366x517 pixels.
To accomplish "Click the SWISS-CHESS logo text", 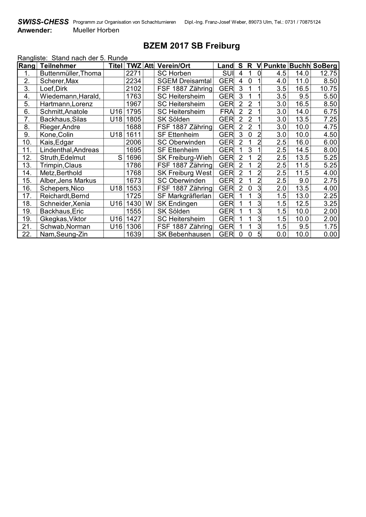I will click(x=43, y=22).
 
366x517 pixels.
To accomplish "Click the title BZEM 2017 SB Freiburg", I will click(x=191, y=46).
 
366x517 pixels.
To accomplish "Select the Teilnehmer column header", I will click(x=58, y=66).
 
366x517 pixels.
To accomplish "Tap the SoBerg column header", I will click(x=325, y=66).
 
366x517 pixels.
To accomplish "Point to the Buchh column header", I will click(x=299, y=66).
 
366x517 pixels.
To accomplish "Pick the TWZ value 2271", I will click(x=133, y=73).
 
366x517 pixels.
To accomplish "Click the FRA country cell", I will click(x=227, y=112).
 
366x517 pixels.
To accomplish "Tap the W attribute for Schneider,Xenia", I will click(x=149, y=204).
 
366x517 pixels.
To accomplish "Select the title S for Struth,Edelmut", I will click(x=120, y=158).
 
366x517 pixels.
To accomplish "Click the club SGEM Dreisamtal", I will click(x=184, y=81).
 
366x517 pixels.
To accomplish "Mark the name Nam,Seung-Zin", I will click(x=63, y=234).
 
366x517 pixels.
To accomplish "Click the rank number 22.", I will click(x=27, y=234).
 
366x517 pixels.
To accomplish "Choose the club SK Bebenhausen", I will click(x=184, y=234).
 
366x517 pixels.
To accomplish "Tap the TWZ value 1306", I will click(x=133, y=227).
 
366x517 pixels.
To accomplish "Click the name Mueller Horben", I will click(x=96, y=30).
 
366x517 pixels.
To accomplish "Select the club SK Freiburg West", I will click(x=184, y=173).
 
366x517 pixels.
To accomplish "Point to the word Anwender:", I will click(x=34, y=30).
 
